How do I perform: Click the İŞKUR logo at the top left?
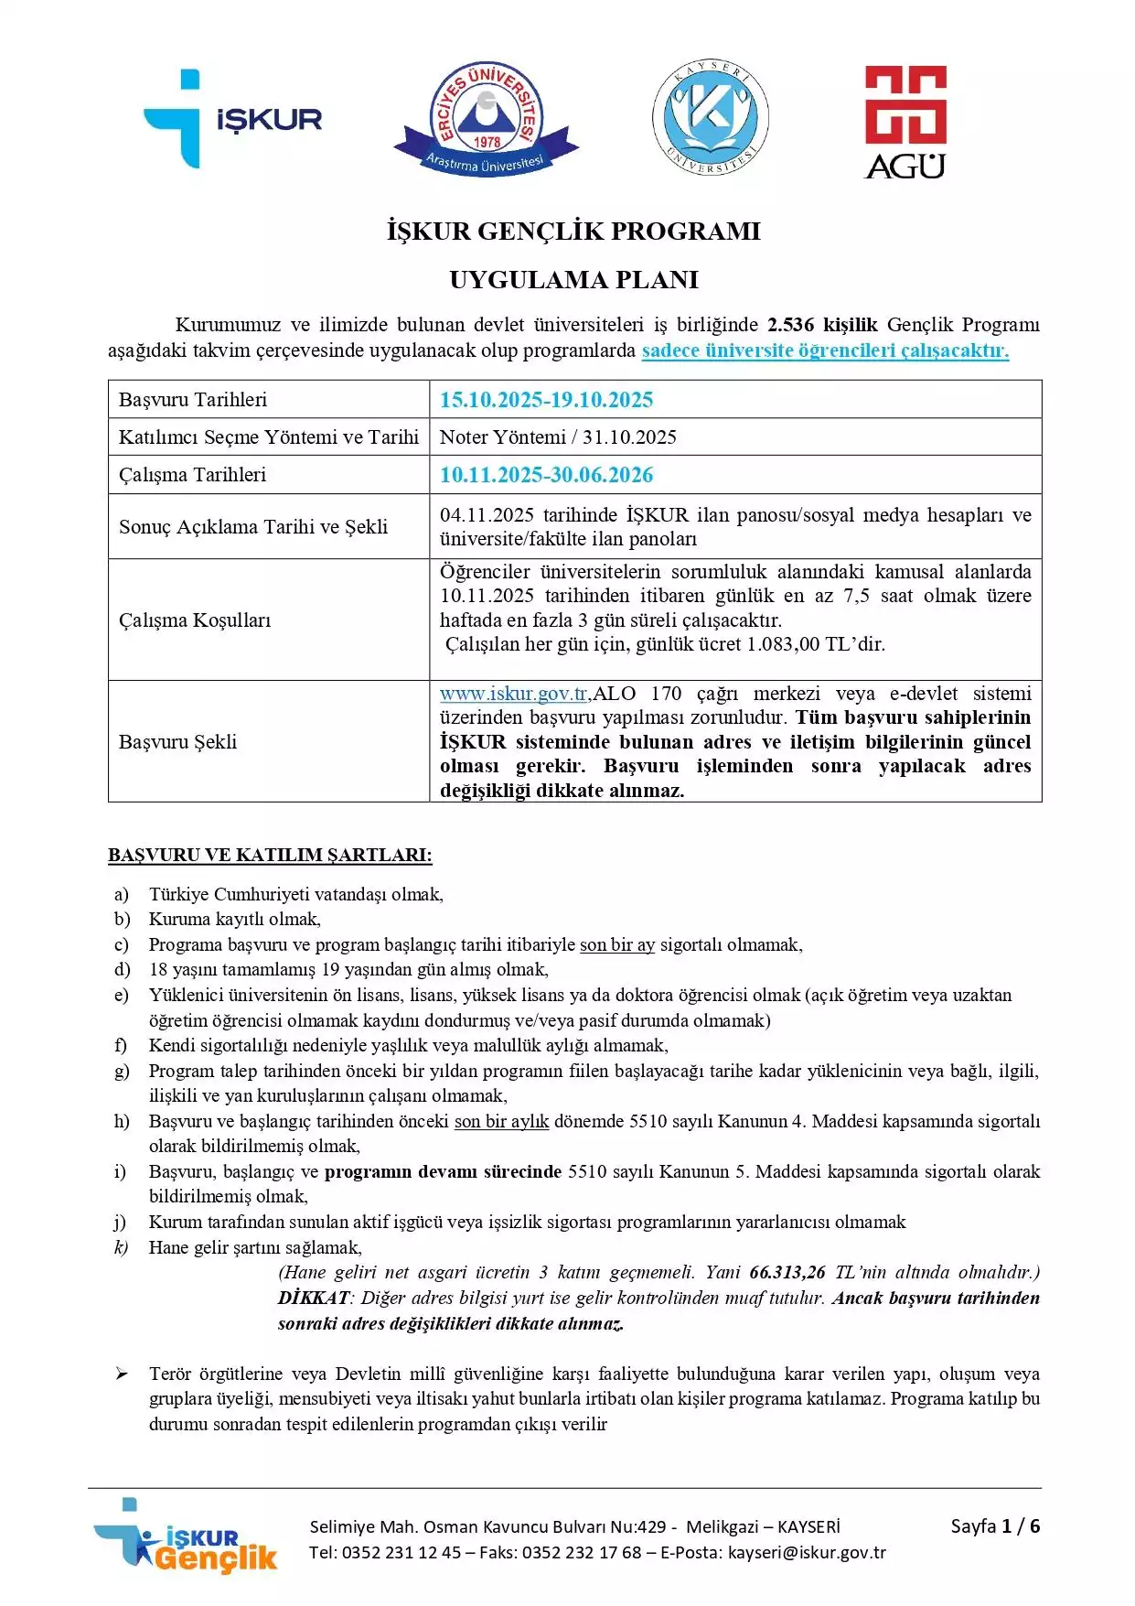[x=232, y=119]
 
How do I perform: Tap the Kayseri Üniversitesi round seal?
[x=710, y=119]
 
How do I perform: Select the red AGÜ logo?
[x=905, y=122]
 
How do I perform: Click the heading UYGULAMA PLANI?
[x=573, y=280]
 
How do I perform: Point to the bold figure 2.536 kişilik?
[x=821, y=325]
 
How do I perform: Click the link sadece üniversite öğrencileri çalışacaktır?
[x=825, y=350]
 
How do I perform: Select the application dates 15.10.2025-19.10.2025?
[x=546, y=400]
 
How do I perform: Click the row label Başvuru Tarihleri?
[x=193, y=400]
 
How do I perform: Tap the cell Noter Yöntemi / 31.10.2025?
[x=558, y=437]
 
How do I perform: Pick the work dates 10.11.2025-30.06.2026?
[x=546, y=475]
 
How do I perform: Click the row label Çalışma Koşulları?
[x=195, y=620]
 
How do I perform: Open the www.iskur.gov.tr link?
[x=513, y=694]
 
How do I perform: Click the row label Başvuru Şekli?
[x=177, y=742]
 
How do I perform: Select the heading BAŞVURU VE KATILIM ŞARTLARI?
[x=270, y=856]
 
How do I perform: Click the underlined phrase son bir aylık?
[x=501, y=1122]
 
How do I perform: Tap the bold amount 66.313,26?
[x=787, y=1273]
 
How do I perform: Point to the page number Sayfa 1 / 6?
[x=995, y=1526]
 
